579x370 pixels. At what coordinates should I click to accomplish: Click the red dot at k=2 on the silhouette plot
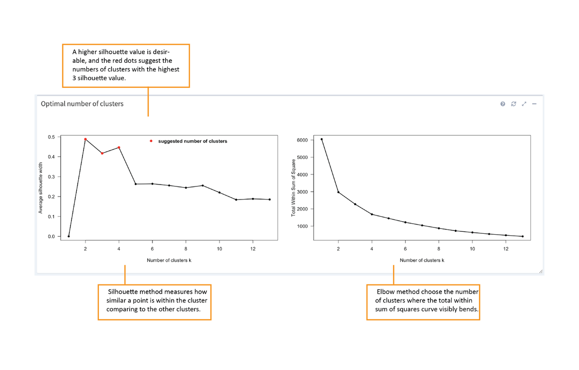coord(85,139)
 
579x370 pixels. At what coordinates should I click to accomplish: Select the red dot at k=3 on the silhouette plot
coord(102,153)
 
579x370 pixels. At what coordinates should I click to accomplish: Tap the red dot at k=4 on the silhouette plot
coord(119,147)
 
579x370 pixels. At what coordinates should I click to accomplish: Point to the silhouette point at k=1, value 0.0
coord(69,236)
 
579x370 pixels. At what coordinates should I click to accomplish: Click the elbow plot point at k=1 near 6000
coord(321,139)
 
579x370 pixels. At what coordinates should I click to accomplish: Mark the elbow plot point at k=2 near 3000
coord(338,192)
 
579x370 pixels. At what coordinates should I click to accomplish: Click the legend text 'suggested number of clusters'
coord(193,141)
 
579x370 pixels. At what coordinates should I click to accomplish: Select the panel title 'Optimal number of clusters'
coord(82,104)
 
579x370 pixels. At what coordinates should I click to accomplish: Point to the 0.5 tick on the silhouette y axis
coord(52,137)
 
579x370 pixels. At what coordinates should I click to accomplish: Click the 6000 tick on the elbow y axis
coord(302,140)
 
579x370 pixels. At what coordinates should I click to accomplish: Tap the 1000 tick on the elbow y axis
coord(302,226)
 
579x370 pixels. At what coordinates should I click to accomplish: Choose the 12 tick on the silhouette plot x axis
coord(253,249)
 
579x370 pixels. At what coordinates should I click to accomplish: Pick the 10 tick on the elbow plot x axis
coord(472,249)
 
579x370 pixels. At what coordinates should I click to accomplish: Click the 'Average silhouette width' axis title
coord(41,188)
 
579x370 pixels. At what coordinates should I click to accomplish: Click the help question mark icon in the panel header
coord(503,104)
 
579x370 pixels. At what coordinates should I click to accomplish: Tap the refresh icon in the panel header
coord(513,104)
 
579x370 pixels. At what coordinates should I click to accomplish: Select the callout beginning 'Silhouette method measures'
coord(155,300)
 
